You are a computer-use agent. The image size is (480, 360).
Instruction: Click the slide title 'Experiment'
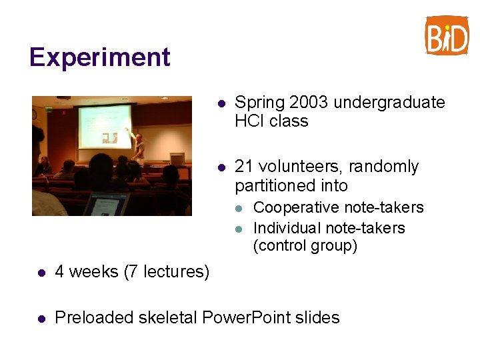[x=100, y=57]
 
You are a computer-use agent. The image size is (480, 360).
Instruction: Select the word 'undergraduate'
[x=389, y=103]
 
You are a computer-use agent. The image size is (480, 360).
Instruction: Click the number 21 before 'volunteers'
[x=243, y=167]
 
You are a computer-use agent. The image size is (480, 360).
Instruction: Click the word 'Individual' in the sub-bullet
[x=285, y=228]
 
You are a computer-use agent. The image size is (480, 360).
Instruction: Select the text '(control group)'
[x=305, y=246]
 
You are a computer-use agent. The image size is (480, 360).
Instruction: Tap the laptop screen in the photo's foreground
[x=106, y=204]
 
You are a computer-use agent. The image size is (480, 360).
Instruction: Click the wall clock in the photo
[x=35, y=114]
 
